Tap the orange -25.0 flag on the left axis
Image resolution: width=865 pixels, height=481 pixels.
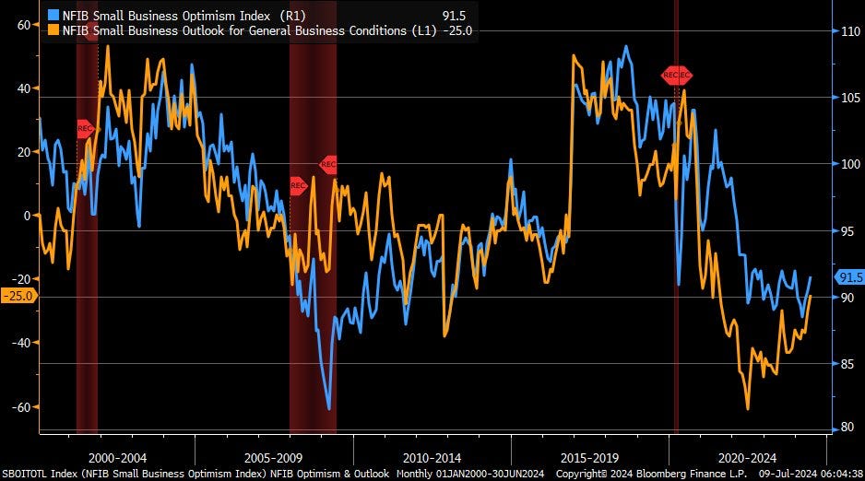[x=18, y=296]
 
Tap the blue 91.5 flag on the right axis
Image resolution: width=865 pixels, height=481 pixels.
[x=848, y=276]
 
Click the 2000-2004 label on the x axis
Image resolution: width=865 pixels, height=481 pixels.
[x=116, y=457]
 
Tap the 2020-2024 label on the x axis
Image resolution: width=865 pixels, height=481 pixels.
[x=750, y=457]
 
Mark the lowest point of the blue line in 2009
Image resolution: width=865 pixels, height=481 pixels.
[x=328, y=408]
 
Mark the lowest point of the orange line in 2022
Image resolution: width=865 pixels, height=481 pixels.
[x=747, y=409]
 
